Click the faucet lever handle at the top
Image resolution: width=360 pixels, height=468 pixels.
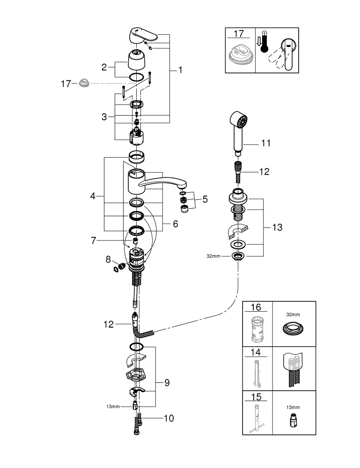(143, 35)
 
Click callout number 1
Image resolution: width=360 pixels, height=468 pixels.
(180, 70)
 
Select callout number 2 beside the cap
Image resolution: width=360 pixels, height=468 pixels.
(104, 67)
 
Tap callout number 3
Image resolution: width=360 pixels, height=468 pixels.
(104, 117)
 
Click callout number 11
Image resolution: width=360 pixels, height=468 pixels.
(266, 143)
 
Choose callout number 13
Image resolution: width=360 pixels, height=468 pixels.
(277, 227)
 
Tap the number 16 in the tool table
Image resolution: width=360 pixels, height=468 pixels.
(256, 307)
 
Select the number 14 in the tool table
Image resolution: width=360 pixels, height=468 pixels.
(256, 352)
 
